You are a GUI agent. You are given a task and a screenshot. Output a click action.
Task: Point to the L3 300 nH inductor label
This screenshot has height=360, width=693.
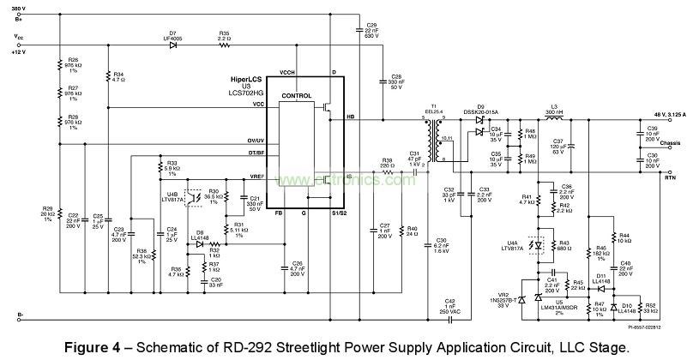556,113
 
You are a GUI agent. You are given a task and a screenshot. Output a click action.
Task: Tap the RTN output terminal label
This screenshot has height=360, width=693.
669,176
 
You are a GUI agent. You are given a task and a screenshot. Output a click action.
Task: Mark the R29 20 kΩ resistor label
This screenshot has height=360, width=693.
48,213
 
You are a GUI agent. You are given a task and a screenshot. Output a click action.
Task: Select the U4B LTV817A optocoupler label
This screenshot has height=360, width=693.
174,196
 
